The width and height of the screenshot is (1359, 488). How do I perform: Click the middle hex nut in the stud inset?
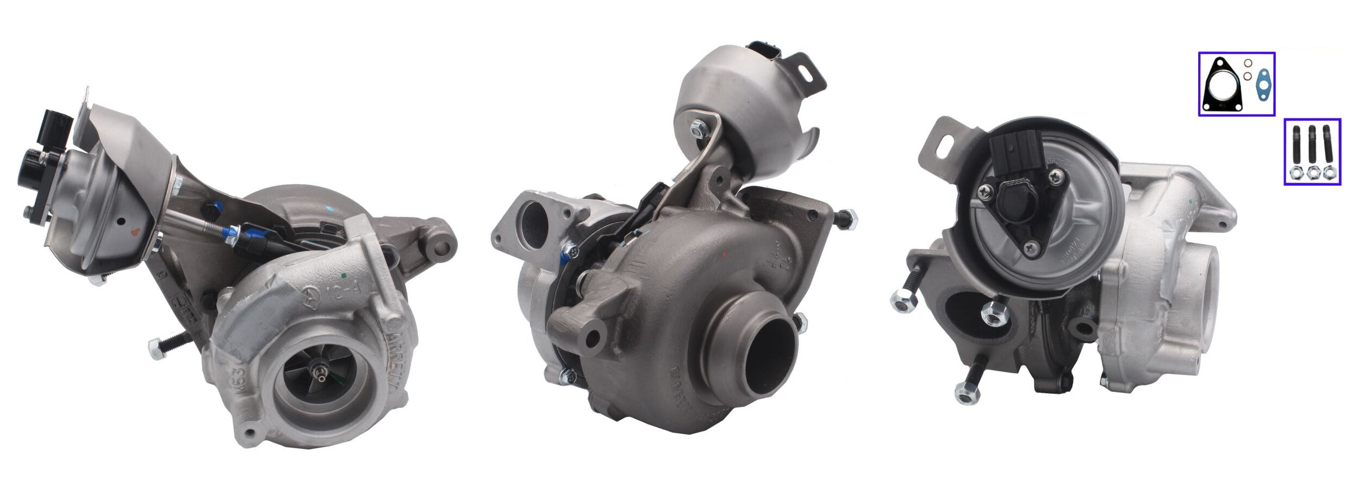click(x=1314, y=173)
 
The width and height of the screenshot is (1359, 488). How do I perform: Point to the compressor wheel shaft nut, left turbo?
click(x=319, y=373)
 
